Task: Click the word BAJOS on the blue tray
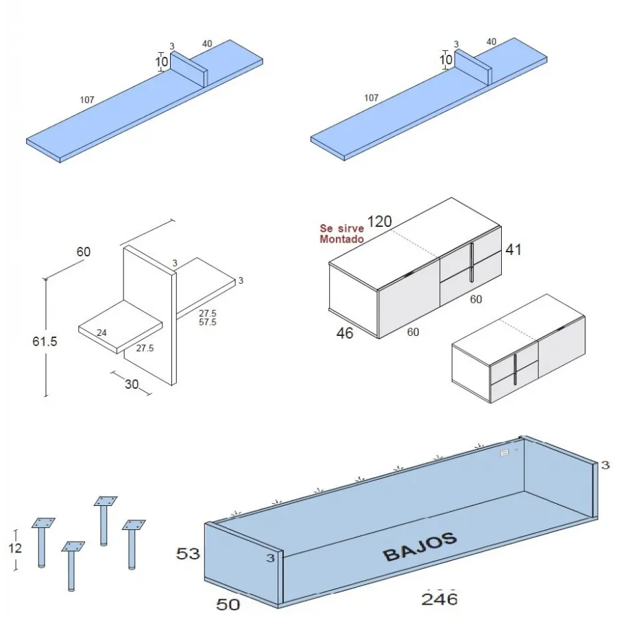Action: point(420,546)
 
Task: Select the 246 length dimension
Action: point(439,598)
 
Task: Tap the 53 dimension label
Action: point(188,553)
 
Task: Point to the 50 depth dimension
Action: point(228,605)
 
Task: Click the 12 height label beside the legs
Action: point(15,548)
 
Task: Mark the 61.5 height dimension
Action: point(45,341)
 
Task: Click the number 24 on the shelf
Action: point(101,333)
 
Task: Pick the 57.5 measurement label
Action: point(207,322)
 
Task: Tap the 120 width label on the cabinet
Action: point(379,221)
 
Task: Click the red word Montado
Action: point(341,239)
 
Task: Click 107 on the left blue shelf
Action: point(87,100)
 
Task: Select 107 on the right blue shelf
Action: point(371,98)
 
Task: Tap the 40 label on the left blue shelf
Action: point(207,44)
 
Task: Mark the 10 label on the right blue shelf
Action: point(446,60)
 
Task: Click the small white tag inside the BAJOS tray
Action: point(505,452)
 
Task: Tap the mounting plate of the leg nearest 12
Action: point(43,523)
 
